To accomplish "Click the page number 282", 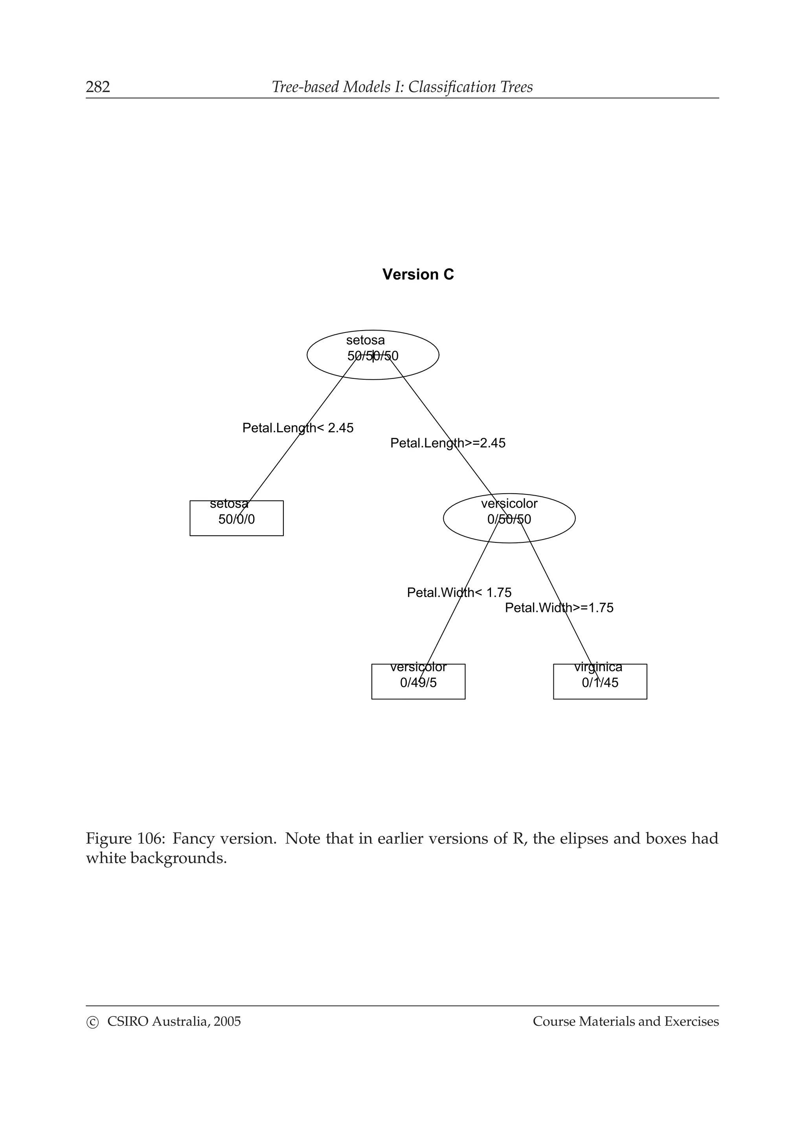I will coord(98,87).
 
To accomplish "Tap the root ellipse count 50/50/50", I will coord(373,356).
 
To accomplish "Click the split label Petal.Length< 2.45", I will coord(298,428).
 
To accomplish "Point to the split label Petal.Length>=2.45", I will coord(447,443).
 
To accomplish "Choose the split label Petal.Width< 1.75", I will coord(459,592).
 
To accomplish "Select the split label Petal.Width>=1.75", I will coord(559,608).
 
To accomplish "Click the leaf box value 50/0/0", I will coord(237,520).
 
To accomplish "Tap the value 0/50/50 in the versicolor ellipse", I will coord(509,520).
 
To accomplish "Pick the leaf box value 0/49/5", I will coord(418,683).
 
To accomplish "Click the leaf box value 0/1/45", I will coord(600,683).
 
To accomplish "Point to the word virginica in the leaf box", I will coord(598,667).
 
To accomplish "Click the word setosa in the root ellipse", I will coord(365,340).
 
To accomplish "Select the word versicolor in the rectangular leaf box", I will coord(418,667).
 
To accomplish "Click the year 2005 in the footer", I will coord(227,1021).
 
